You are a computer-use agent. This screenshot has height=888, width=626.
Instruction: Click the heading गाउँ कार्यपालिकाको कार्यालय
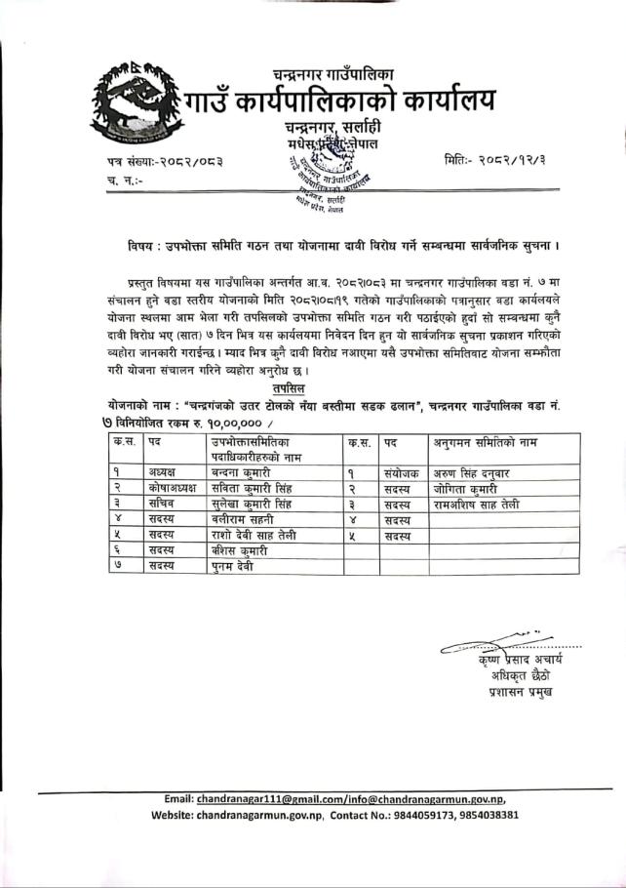pyautogui.click(x=344, y=100)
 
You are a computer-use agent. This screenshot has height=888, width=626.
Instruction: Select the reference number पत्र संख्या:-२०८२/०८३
pyautogui.click(x=165, y=159)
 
